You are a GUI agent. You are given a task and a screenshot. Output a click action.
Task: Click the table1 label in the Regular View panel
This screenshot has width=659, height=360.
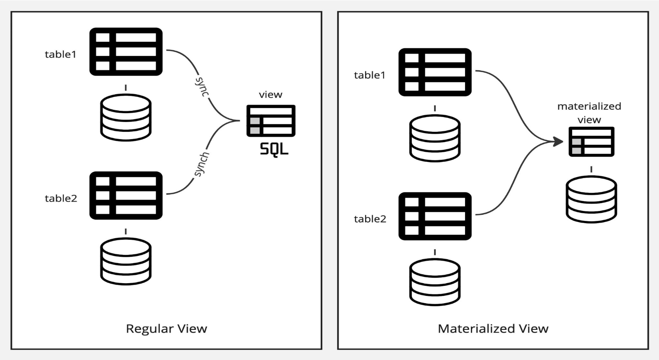(61, 54)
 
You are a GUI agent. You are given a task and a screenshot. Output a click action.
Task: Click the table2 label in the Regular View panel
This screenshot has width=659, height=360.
(61, 199)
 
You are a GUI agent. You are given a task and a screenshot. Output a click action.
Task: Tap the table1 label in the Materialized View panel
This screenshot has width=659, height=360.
(370, 75)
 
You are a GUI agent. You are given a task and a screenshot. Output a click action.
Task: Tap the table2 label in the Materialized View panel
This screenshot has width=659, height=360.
(370, 219)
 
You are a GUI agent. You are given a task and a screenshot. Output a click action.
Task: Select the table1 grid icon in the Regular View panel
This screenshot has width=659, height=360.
(126, 52)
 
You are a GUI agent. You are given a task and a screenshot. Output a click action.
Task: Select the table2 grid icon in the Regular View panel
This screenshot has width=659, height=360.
(126, 195)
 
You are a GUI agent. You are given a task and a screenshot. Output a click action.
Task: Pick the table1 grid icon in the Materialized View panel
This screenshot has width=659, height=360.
(435, 72)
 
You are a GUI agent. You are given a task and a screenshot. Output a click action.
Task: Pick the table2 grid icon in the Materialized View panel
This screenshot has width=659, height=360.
(435, 216)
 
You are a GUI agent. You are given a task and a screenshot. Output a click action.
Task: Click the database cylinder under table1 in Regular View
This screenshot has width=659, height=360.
(126, 117)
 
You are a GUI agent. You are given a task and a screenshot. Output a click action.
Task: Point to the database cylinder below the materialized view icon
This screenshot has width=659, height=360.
(591, 199)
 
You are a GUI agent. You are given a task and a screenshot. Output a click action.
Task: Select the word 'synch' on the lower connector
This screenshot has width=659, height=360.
(201, 164)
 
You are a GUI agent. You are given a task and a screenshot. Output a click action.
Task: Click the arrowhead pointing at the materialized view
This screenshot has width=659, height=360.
(558, 141)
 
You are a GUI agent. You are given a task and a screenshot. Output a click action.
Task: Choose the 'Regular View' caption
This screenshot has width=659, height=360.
(166, 329)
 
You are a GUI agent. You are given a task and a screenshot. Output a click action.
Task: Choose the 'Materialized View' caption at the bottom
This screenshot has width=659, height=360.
(493, 329)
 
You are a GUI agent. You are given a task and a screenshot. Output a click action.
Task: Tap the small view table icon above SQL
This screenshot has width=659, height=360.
(271, 121)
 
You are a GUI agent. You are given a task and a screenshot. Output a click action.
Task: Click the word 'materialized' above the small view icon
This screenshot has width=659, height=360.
(589, 106)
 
